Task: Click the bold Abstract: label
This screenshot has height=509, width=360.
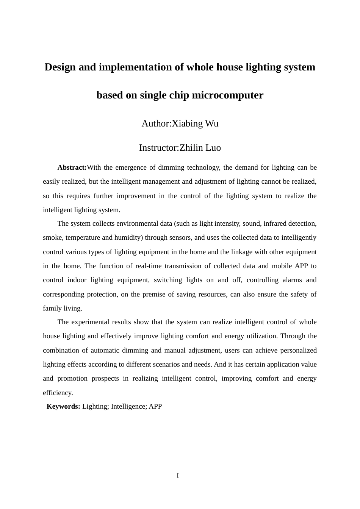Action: point(72,168)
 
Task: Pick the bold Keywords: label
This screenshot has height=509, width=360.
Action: point(63,407)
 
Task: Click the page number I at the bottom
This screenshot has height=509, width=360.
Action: point(178,476)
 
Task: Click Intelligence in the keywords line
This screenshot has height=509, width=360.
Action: point(127,407)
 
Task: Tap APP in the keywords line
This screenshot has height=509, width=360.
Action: point(155,407)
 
